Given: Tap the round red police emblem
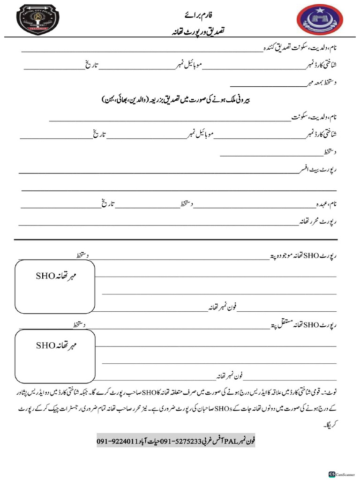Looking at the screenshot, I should pyautogui.click(x=319, y=21).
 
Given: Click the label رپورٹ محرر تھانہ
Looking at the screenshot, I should pyautogui.click(x=319, y=221).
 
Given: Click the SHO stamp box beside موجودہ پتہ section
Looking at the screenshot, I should pyautogui.click(x=55, y=286).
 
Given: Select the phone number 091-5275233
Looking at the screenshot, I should pyautogui.click(x=181, y=441).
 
